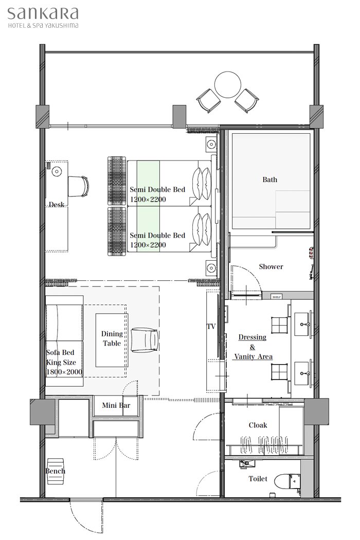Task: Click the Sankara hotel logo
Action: (x=43, y=17)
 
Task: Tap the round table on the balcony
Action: (x=227, y=85)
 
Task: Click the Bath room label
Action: (x=269, y=179)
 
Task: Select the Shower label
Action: (x=271, y=266)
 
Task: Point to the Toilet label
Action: (x=258, y=479)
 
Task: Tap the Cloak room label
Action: (x=258, y=425)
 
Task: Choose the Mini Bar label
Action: (x=116, y=405)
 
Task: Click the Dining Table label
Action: (x=112, y=338)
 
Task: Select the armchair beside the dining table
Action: (x=145, y=340)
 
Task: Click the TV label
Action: (x=211, y=327)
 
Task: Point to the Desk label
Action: (x=57, y=205)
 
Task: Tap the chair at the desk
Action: (x=78, y=186)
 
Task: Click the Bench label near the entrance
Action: (x=55, y=471)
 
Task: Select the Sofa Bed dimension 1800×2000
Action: (x=64, y=372)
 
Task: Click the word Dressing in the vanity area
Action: (x=253, y=337)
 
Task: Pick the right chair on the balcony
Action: (x=247, y=100)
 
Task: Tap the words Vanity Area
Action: (x=254, y=357)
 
